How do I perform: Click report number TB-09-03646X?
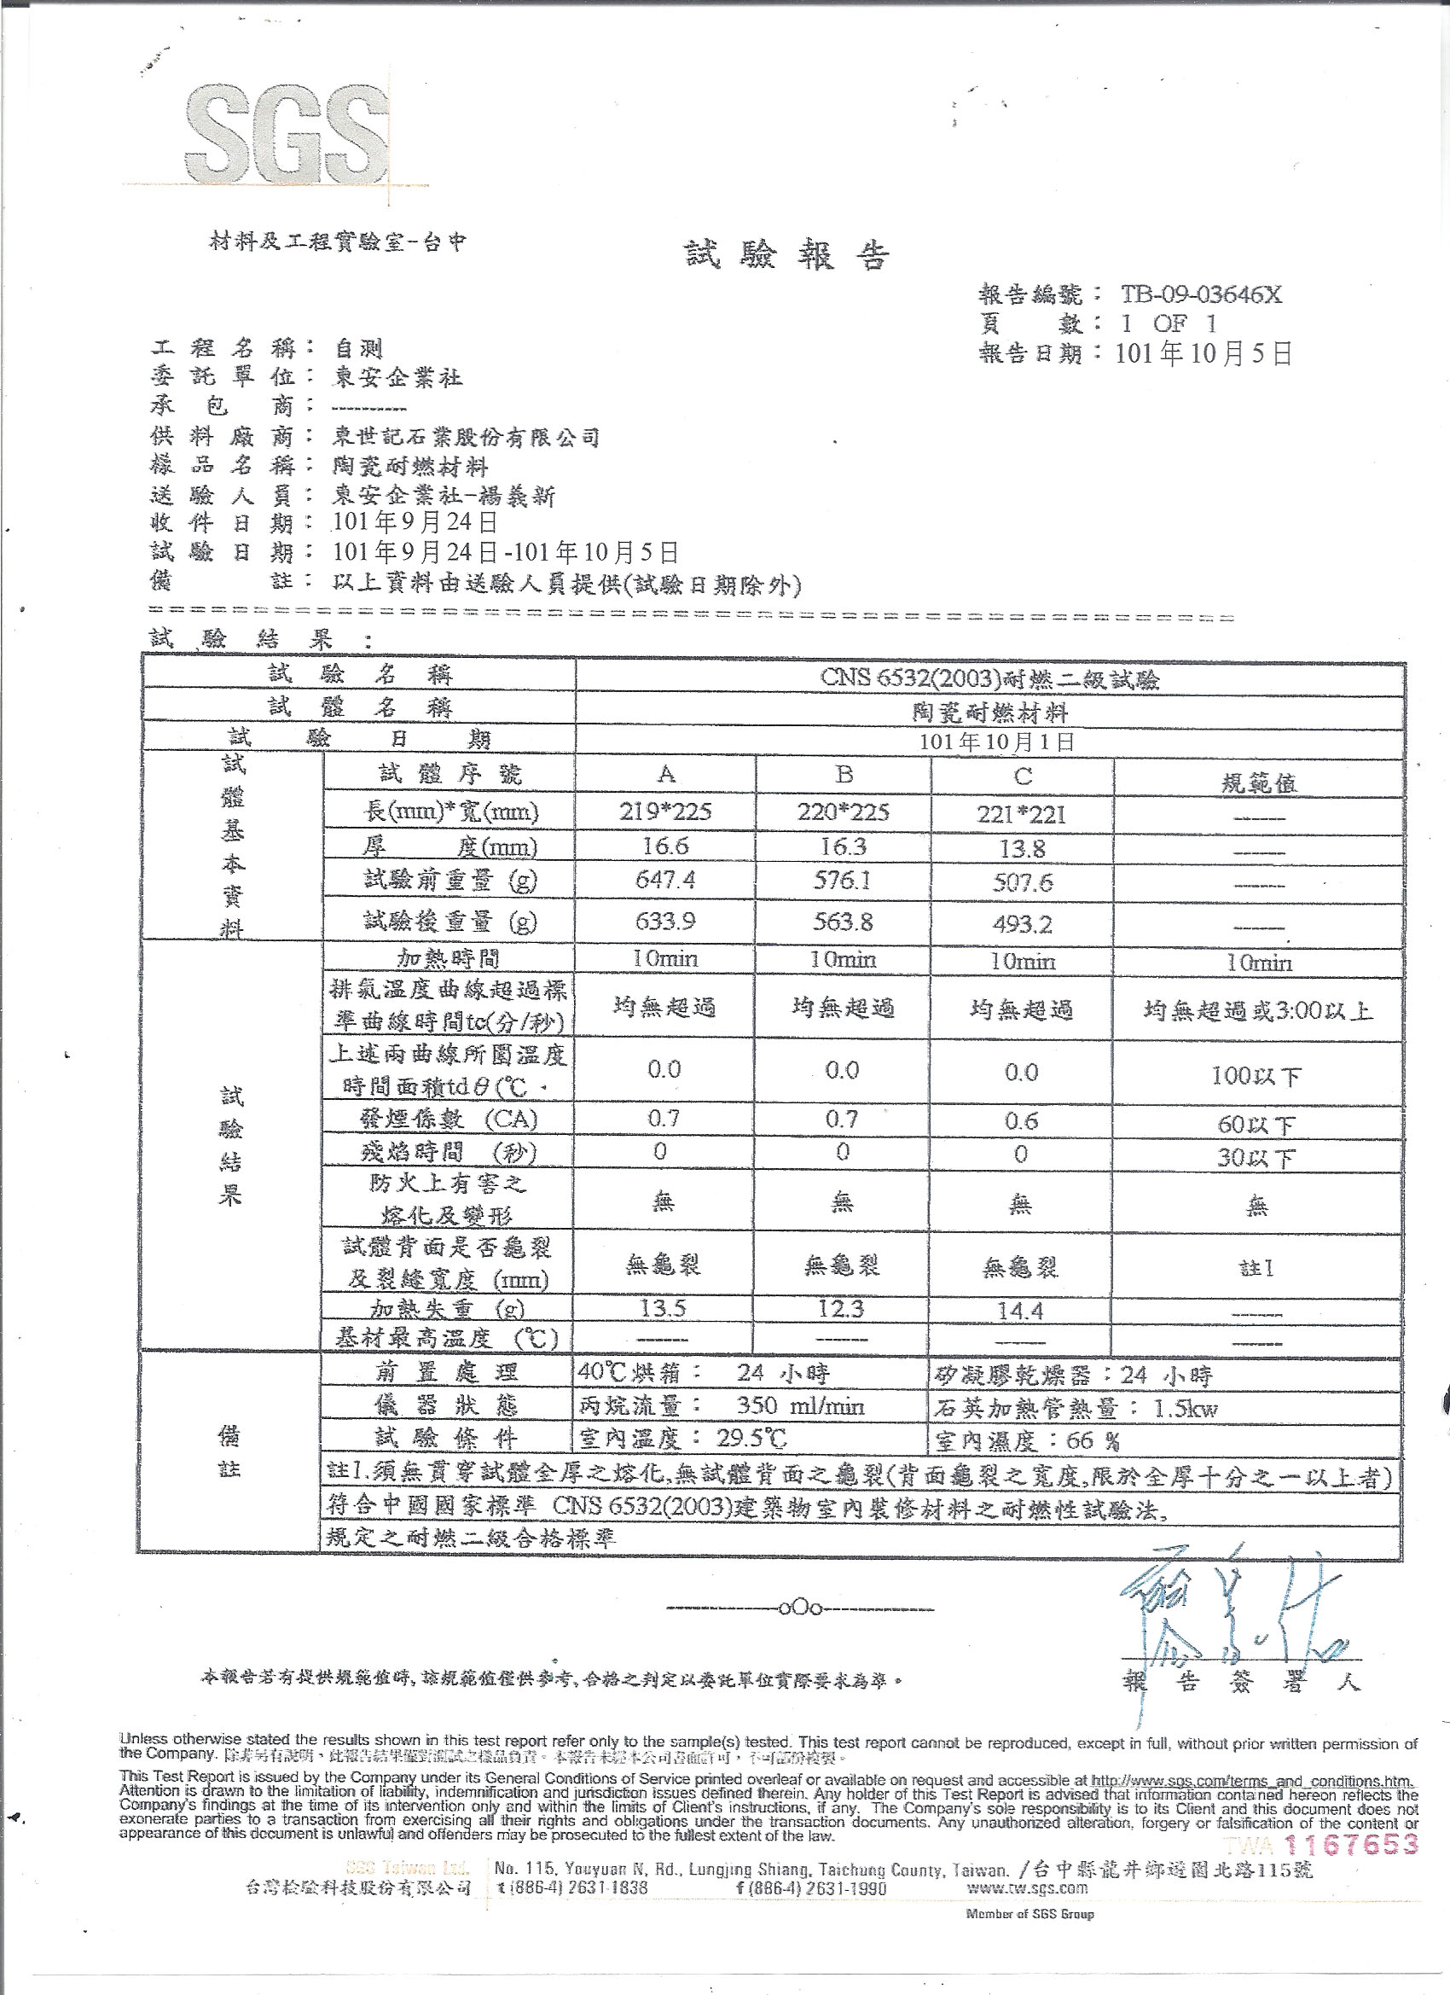pos(1200,294)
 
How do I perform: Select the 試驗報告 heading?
pos(787,255)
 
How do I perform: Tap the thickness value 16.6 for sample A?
pos(664,846)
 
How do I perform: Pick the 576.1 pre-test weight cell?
pos(843,881)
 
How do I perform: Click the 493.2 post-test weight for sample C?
pos(1022,924)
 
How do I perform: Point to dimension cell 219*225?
pos(664,811)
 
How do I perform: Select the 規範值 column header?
pos(1258,782)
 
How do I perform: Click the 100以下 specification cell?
pos(1256,1076)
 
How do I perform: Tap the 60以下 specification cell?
pos(1256,1124)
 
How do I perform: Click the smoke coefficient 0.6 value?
pos(1021,1120)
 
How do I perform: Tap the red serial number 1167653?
pos(1353,1844)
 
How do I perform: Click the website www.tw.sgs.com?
pos(1027,1887)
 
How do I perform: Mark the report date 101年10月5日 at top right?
pos(1203,353)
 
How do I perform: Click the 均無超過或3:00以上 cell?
pos(1257,1010)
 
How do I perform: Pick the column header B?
pos(844,774)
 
